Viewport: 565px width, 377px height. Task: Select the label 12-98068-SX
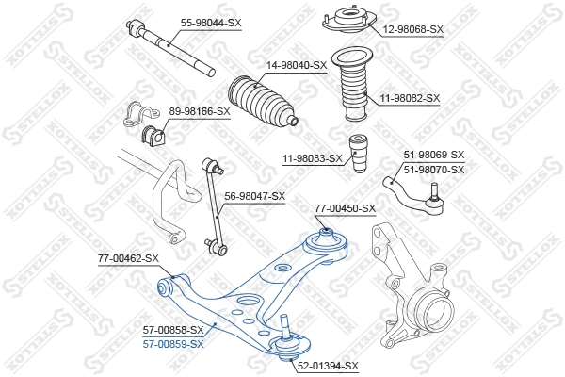pos(412,29)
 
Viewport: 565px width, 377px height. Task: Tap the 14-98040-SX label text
pos(296,65)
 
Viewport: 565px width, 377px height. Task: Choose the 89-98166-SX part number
pos(199,111)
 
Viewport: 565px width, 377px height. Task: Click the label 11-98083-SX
pos(311,158)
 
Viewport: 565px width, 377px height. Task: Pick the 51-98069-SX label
pos(434,155)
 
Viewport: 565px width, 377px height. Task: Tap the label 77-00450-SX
pos(345,208)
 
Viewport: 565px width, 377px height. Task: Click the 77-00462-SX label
pos(128,257)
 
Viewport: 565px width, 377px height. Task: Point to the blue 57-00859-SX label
pos(173,344)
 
